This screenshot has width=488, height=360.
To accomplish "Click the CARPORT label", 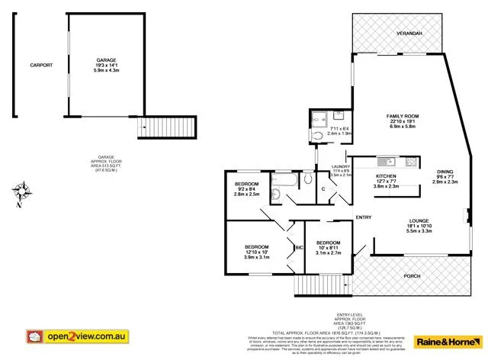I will click(41, 66).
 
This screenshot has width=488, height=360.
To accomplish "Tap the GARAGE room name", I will click(106, 59).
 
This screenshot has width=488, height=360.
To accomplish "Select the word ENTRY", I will click(364, 218).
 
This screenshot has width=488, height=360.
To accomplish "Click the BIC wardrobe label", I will click(300, 247).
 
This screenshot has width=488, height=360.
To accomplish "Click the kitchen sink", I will click(385, 161).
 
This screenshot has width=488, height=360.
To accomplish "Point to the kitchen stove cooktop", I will click(410, 161).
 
